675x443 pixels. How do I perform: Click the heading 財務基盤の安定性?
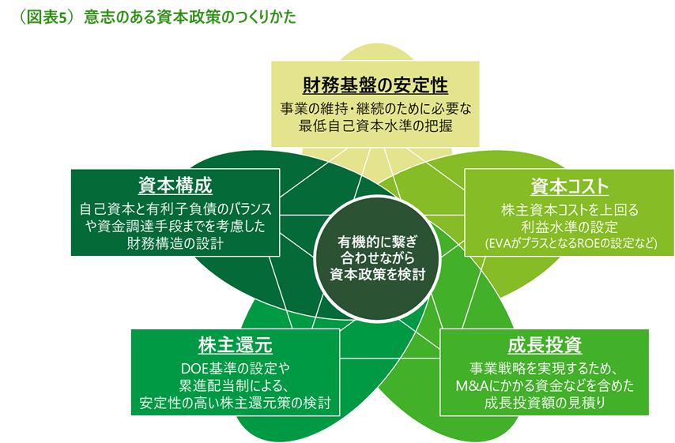(x=375, y=84)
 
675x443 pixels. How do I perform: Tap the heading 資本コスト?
(x=570, y=187)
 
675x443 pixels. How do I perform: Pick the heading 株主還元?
(x=236, y=345)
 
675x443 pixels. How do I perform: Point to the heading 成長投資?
(x=545, y=345)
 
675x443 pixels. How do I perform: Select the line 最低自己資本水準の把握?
(x=375, y=126)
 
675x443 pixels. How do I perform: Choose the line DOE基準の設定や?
(x=236, y=369)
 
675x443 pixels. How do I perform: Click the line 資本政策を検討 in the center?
(x=376, y=275)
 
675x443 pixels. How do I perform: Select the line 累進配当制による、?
(x=236, y=386)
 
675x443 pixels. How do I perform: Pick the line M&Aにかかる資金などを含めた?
(x=545, y=386)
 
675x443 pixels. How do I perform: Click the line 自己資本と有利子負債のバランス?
(x=175, y=210)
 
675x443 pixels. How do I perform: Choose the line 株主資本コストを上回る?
(x=570, y=210)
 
